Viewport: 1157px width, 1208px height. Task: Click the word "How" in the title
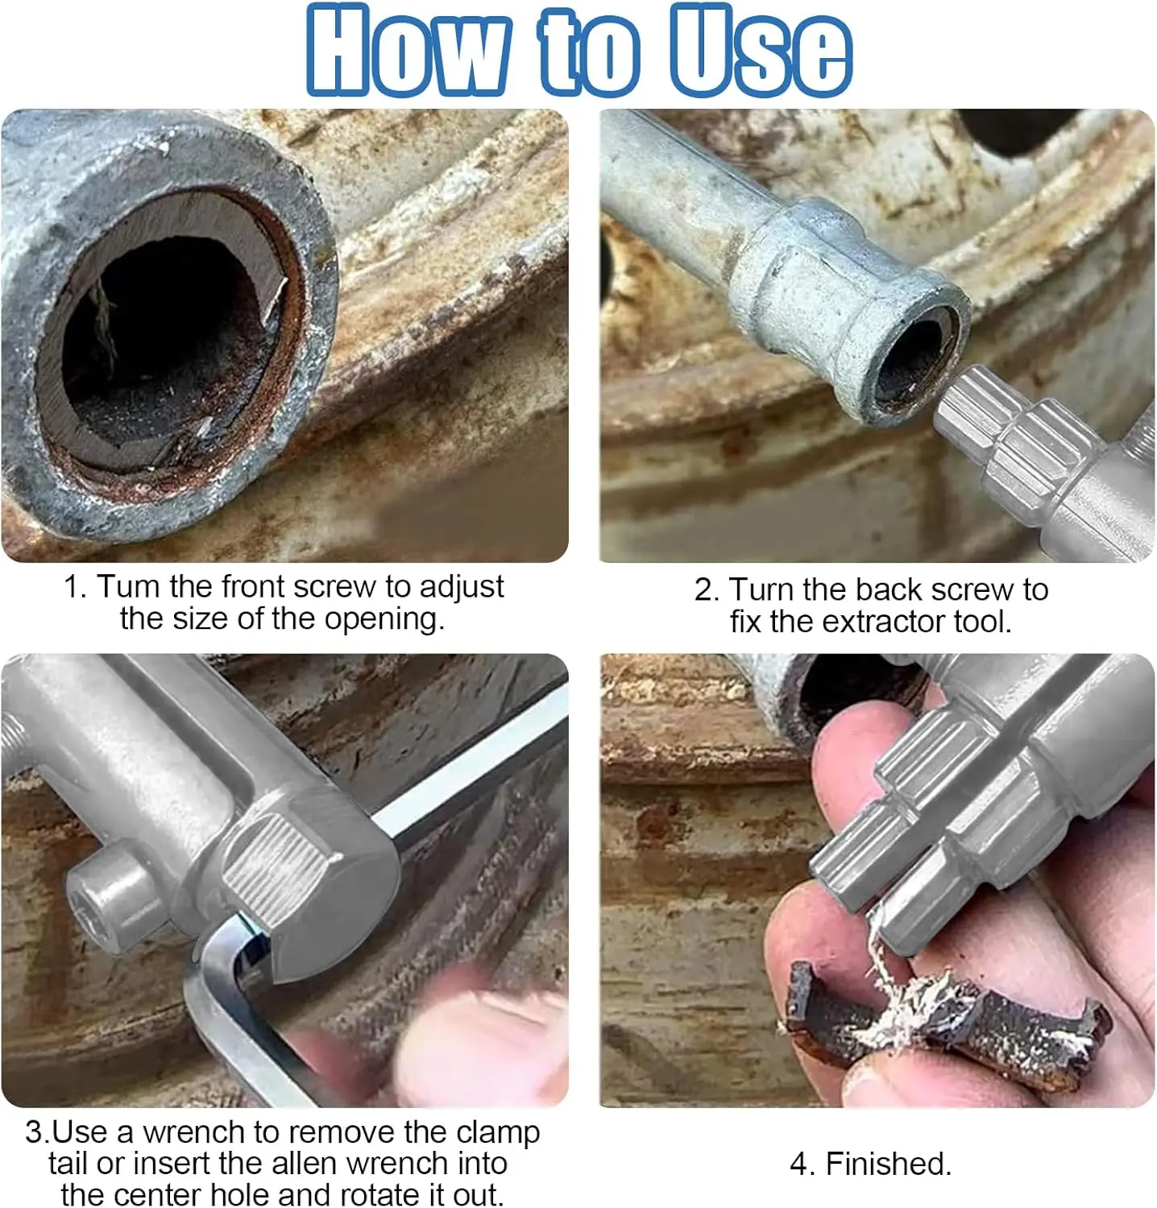tap(408, 50)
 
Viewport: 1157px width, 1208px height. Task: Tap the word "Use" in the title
tap(761, 50)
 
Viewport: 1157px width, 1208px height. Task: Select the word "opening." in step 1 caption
tap(384, 619)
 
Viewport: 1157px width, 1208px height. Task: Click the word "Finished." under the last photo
tap(889, 1165)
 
